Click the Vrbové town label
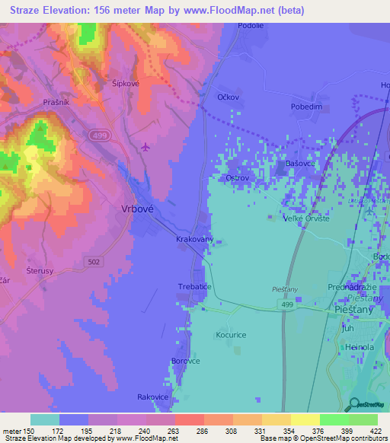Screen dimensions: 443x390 pos(138,207)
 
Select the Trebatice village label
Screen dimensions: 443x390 pos(194,285)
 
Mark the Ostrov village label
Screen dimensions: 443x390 pos(238,178)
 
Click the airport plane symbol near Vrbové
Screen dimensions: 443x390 pos(146,146)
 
